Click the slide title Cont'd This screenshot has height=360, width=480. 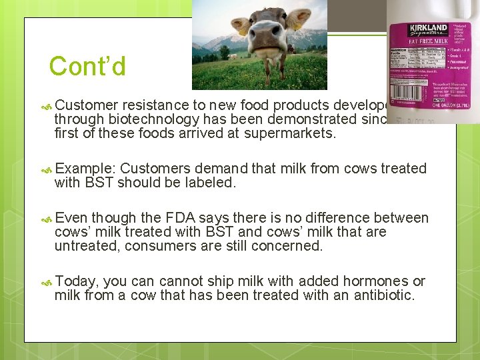tap(87, 66)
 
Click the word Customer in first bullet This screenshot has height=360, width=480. tap(86, 105)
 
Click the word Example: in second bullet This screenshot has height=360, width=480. tap(85, 168)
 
